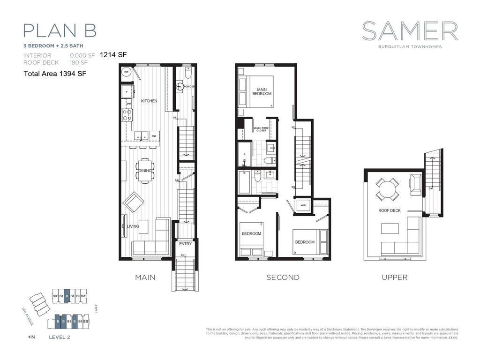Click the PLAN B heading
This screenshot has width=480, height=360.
click(x=60, y=30)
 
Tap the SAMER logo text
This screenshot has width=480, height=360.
click(x=410, y=31)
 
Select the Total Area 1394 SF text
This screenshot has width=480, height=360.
click(x=55, y=74)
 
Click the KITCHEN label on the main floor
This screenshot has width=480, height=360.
click(x=149, y=101)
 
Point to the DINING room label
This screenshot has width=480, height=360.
click(x=145, y=171)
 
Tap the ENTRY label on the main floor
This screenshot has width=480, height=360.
click(x=185, y=244)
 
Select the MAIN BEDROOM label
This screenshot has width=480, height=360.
click(x=262, y=91)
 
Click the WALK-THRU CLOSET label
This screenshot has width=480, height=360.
click(x=260, y=129)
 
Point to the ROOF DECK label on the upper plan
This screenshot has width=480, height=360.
click(x=390, y=210)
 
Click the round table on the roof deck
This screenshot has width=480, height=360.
click(x=388, y=189)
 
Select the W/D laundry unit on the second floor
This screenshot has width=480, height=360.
click(x=303, y=205)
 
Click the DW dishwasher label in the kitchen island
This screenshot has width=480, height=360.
click(x=154, y=136)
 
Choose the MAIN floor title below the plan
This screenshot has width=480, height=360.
click(x=145, y=277)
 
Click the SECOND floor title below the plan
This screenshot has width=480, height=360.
click(x=283, y=277)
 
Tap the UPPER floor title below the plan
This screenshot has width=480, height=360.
click(x=394, y=277)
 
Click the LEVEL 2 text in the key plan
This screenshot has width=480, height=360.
click(x=60, y=337)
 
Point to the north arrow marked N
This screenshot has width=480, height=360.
click(x=31, y=337)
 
